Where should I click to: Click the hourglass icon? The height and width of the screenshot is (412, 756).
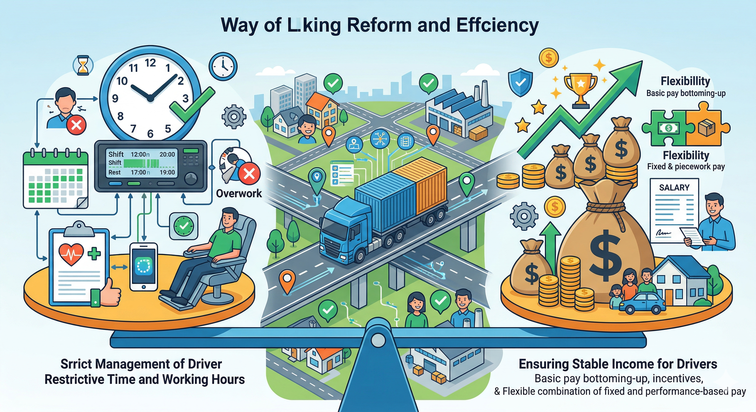(x=83, y=66)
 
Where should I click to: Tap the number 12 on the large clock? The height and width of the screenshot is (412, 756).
(x=150, y=63)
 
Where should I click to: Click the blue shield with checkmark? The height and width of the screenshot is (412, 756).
(x=520, y=82)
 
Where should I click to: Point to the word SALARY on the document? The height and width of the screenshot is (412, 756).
(x=674, y=187)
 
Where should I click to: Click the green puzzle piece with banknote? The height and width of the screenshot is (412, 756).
(x=667, y=128)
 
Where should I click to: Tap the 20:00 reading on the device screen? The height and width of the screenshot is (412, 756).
(x=167, y=154)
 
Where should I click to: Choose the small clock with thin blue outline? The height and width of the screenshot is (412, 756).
(x=223, y=66)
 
